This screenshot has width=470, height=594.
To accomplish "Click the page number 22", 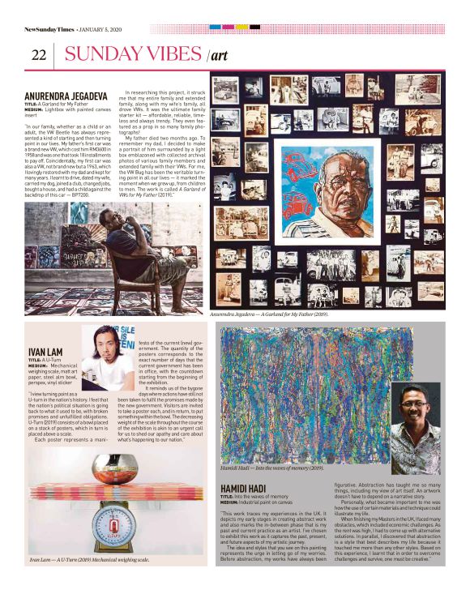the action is [38, 55].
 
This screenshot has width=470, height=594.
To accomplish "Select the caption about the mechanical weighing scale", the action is [89, 559].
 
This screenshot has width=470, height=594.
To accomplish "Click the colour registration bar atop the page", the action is [234, 27].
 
